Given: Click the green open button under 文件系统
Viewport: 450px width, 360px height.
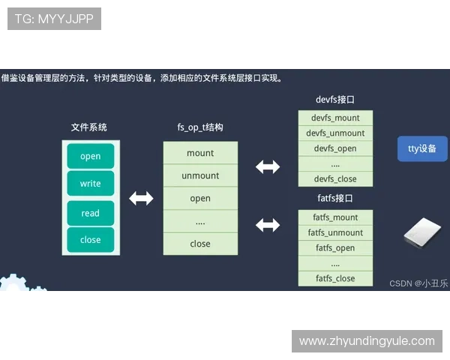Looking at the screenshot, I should click(90, 156).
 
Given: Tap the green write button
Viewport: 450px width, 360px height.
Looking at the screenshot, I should click(90, 184).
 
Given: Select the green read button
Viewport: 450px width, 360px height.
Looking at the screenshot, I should click(90, 213).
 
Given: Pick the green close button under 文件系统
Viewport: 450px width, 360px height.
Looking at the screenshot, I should click(90, 240).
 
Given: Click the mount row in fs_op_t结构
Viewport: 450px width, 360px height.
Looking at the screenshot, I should click(200, 153).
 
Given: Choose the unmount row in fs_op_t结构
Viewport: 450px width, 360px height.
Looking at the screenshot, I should click(200, 175).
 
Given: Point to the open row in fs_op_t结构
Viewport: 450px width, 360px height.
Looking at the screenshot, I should click(200, 199).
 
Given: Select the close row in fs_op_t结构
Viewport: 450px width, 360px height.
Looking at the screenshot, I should click(200, 244).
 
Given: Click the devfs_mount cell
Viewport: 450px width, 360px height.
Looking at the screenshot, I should click(335, 118).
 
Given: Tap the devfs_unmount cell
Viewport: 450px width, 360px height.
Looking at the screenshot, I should click(335, 133).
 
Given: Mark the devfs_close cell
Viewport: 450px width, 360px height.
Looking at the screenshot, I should click(335, 179).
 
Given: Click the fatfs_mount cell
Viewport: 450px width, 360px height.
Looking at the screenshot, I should click(335, 217).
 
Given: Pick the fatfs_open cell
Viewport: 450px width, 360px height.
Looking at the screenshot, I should click(335, 248).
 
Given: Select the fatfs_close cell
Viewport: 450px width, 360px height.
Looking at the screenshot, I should click(335, 278).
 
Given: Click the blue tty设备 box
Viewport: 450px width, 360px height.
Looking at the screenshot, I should click(422, 148).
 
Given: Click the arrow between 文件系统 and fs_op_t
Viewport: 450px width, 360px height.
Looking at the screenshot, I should click(141, 198).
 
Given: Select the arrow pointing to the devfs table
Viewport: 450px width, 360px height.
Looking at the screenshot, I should click(268, 166).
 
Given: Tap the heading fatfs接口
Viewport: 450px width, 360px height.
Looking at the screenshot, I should click(335, 199).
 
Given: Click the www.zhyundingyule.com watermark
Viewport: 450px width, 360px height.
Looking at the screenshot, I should click(366, 341).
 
